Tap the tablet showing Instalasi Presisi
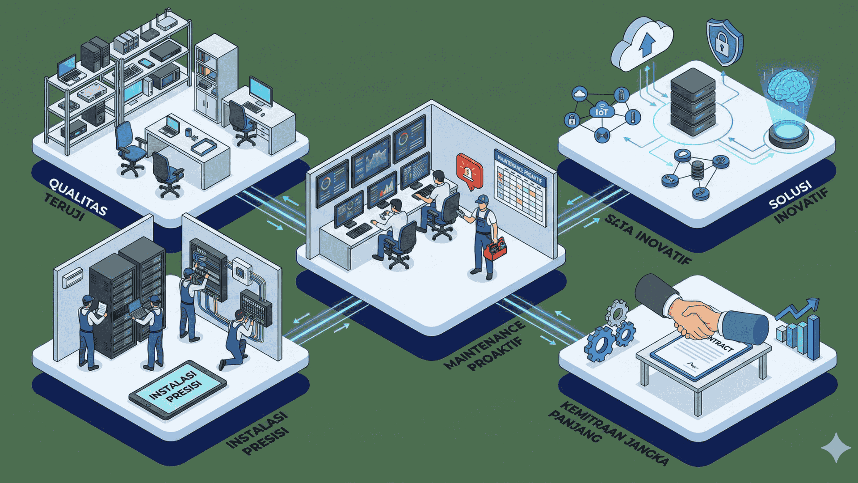tap(177, 389)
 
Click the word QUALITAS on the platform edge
tap(77, 197)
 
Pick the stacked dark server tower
tap(693, 103)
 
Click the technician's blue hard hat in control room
tap(481, 199)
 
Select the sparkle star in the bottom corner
tap(836, 447)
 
